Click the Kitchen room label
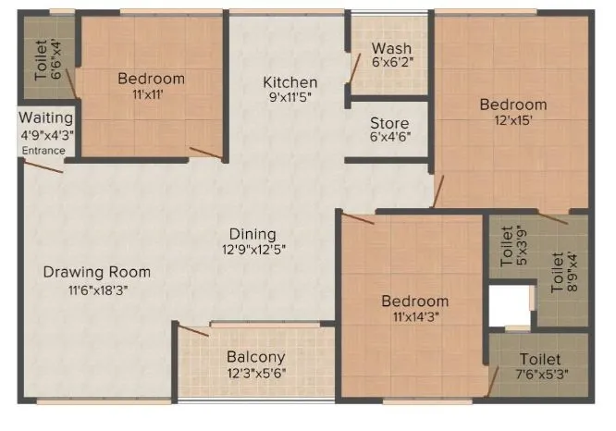[290, 82]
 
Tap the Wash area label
[391, 48]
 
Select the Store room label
[389, 123]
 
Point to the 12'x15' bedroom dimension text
[512, 119]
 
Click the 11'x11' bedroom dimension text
[151, 93]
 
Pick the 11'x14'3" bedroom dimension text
[415, 316]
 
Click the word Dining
[253, 234]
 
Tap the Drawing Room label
[97, 272]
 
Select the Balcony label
[255, 356]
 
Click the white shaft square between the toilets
[510, 306]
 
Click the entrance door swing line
[42, 166]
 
